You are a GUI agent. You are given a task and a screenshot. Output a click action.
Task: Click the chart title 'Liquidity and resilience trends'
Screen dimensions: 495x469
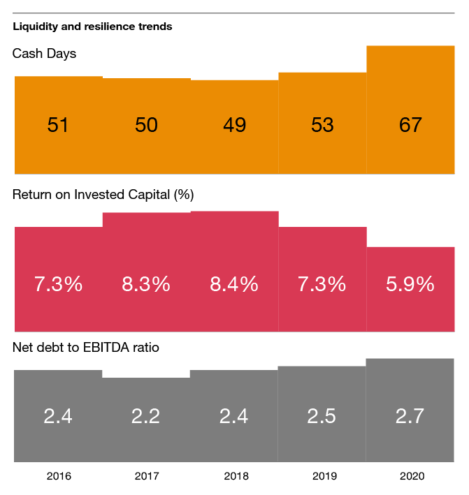point(92,27)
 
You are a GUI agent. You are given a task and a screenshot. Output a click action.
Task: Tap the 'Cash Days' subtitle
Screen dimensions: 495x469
point(44,54)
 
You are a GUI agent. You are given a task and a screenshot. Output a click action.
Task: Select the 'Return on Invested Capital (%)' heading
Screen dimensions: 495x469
point(103,195)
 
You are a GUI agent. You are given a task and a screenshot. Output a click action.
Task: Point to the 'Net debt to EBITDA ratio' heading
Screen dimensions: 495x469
point(86,346)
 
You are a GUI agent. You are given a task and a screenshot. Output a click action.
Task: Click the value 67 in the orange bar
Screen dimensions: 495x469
point(410,125)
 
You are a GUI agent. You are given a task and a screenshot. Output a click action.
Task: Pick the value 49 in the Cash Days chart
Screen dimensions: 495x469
point(234,125)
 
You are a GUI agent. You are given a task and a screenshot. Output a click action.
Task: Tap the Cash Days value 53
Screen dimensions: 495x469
point(322,125)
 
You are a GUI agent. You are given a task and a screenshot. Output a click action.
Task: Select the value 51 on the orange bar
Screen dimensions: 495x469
point(58,125)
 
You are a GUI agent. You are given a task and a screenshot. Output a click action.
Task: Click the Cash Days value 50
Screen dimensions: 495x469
point(146,125)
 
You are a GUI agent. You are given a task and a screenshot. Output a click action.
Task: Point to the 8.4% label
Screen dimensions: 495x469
point(234,284)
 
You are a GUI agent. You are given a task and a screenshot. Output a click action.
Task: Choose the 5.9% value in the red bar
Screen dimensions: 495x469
point(410,284)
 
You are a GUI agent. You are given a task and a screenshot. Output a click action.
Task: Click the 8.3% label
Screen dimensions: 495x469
point(146,284)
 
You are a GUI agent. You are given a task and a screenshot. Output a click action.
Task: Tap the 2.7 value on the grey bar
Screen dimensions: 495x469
point(410,416)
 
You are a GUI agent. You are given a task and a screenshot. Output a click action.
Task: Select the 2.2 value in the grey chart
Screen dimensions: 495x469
point(146,416)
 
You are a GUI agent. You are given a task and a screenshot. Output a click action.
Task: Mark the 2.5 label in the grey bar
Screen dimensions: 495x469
point(322,416)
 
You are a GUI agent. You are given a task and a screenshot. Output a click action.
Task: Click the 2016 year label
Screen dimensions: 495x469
point(59,477)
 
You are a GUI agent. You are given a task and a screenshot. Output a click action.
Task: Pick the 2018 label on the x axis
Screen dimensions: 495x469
point(236,477)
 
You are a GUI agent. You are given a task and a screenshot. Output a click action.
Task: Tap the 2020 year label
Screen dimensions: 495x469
point(412,477)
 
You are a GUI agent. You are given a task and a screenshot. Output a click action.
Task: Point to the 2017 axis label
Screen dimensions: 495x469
point(147,477)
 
